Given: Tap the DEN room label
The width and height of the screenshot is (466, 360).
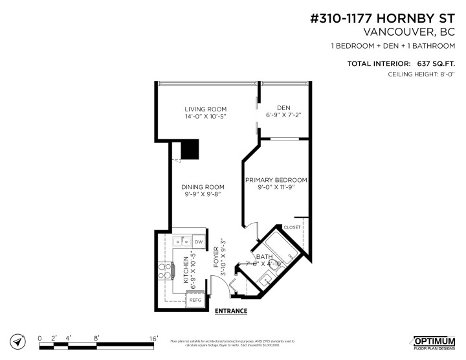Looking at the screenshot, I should pos(283,107).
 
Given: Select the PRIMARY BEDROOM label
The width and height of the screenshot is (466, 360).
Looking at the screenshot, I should pos(275,180).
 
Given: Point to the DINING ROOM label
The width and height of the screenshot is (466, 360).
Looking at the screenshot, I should pos(202,186).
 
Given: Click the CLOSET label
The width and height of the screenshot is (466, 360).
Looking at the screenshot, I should pos(293,228).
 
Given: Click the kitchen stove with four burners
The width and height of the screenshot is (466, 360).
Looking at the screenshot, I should pos(165,270).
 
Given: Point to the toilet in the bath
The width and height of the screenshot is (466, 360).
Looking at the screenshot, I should pos(288,258).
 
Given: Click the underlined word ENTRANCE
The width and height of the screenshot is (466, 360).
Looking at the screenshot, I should pos(230,311).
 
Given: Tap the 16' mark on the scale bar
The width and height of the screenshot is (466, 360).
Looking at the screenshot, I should pos(153,338).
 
